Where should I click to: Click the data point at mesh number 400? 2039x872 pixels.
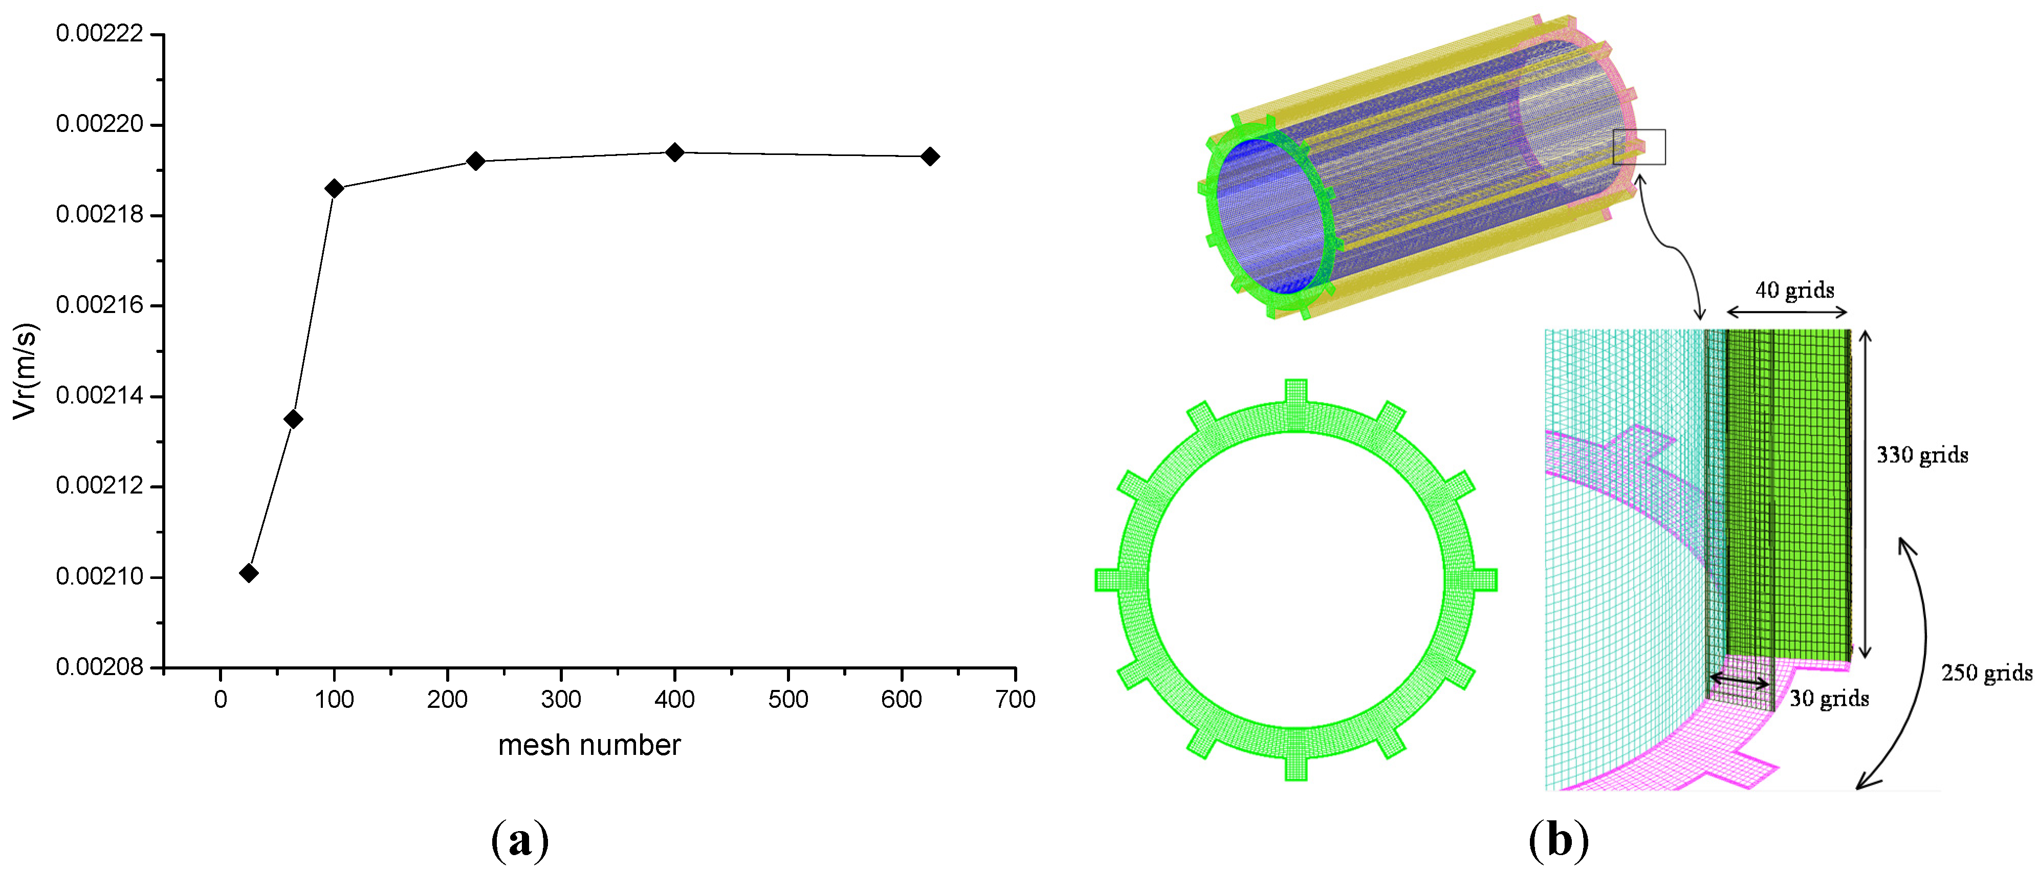point(674,152)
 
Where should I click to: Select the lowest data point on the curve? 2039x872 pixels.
point(249,573)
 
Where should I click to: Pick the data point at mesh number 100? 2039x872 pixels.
point(334,188)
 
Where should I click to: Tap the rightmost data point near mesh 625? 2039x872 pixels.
point(930,156)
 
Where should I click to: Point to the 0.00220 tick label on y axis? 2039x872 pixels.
point(100,124)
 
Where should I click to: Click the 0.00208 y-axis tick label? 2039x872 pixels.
point(100,667)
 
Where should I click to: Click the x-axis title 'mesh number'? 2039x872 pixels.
point(589,745)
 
